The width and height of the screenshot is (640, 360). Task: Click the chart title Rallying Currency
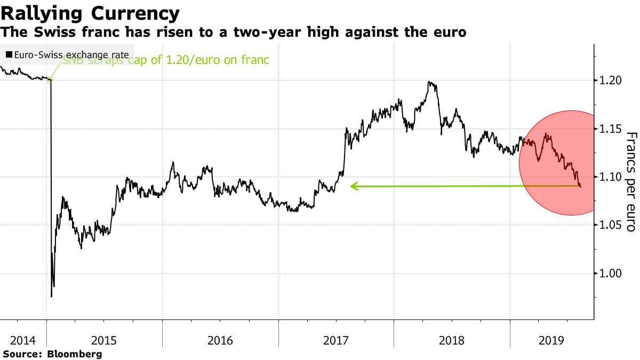[x=90, y=13]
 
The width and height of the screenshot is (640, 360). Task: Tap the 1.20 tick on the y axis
[x=611, y=81]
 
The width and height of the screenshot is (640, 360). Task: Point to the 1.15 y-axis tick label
[x=611, y=129]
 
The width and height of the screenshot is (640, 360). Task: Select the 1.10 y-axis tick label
[x=611, y=177]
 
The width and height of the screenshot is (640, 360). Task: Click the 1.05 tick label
[x=611, y=225]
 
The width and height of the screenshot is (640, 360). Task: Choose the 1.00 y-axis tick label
[x=611, y=274]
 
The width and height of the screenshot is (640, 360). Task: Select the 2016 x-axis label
[x=220, y=339]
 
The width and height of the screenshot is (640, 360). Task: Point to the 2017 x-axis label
[x=336, y=339]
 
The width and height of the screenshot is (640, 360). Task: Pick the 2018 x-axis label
[x=452, y=339]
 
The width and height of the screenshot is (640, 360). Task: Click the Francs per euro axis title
[x=630, y=181]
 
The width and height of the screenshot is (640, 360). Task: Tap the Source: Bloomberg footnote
[x=52, y=354]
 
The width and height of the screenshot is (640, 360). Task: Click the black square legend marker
[x=9, y=55]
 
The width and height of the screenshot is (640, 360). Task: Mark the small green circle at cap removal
[x=50, y=80]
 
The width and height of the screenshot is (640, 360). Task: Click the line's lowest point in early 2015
[x=51, y=297]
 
